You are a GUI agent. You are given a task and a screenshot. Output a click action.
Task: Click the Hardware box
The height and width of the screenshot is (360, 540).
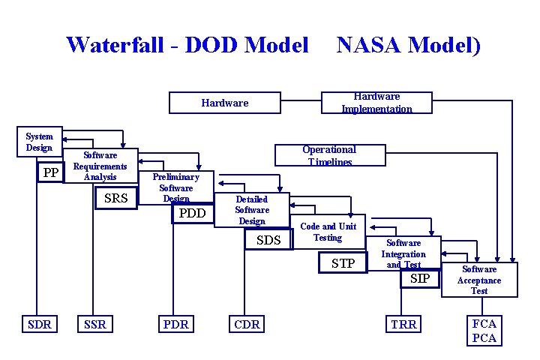point(225,102)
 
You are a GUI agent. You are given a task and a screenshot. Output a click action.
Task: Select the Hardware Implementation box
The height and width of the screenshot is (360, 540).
point(376,102)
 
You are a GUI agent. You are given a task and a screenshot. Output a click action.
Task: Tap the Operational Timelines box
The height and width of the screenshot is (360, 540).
point(328,155)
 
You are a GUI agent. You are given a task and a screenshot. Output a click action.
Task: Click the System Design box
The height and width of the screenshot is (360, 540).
point(39,142)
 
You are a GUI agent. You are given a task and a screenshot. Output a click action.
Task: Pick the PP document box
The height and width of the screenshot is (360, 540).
point(51,173)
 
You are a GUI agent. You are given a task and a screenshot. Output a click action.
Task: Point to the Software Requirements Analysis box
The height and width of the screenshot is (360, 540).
point(100,166)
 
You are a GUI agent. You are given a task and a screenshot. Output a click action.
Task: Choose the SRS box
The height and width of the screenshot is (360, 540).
point(115,198)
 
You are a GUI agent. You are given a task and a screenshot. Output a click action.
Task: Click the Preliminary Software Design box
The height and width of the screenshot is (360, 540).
point(176,187)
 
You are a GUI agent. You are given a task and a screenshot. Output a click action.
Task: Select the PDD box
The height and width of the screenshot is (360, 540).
point(192,214)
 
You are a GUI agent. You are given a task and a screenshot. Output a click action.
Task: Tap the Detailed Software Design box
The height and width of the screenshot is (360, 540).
point(252,210)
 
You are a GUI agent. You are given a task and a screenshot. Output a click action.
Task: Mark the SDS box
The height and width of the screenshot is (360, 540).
point(268,240)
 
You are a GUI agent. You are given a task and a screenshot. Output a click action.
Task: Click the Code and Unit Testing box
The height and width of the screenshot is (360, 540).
point(328,232)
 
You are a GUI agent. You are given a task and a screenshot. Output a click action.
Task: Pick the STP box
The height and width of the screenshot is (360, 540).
point(343,263)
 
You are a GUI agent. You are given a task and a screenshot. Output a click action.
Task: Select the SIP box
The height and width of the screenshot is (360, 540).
point(419,279)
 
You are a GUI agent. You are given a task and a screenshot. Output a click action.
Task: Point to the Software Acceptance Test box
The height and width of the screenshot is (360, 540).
point(479,280)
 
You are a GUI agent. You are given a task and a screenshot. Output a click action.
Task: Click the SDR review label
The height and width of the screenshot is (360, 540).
point(39,324)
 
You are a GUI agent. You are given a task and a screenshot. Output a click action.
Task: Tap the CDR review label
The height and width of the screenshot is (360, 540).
point(247,324)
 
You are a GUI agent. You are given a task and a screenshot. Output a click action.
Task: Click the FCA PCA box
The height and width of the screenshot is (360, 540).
point(484,331)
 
